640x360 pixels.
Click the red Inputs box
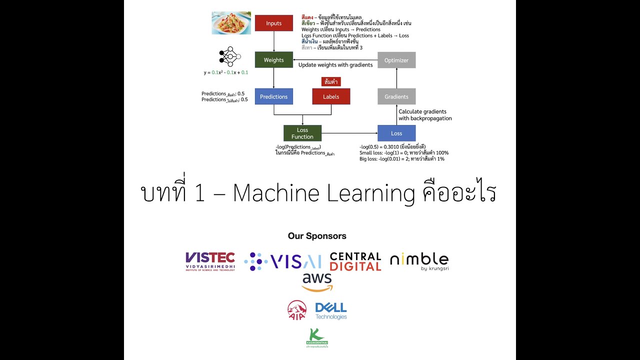click(x=273, y=23)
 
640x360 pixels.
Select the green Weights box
click(x=273, y=60)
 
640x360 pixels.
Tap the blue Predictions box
click(x=273, y=96)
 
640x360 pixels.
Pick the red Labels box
click(x=331, y=96)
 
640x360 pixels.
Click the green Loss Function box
click(x=302, y=133)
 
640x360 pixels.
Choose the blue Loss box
click(x=396, y=133)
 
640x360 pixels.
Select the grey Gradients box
click(x=396, y=96)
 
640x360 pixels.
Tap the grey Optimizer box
click(x=396, y=60)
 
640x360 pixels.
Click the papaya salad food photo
click(x=231, y=23)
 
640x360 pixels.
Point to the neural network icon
click(x=229, y=56)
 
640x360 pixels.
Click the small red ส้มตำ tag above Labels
click(x=331, y=81)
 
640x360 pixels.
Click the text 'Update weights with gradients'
click(x=335, y=65)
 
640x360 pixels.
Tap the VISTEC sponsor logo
click(x=210, y=261)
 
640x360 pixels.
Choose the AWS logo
click(x=317, y=282)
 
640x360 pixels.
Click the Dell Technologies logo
click(x=331, y=310)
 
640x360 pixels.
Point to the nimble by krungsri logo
click(x=419, y=260)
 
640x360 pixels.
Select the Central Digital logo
click(x=355, y=261)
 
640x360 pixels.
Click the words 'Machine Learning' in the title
click(x=324, y=193)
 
